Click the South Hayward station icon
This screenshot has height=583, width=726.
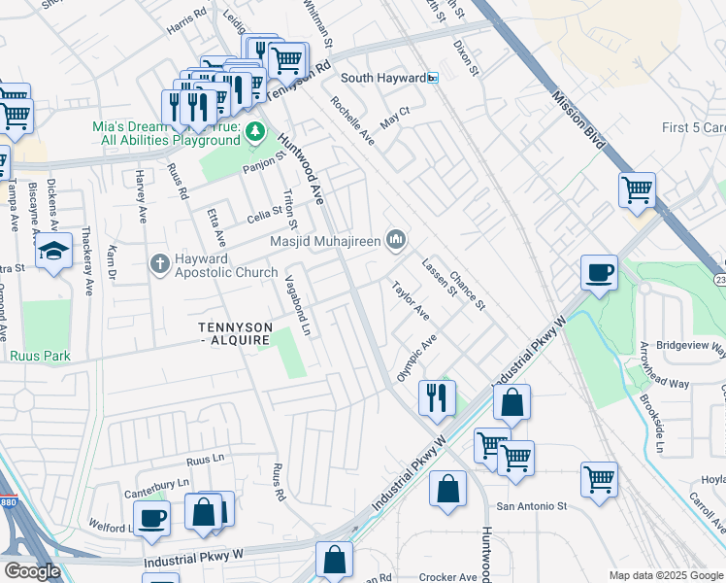[x=433, y=78]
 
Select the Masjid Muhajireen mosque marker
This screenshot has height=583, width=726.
[x=396, y=238]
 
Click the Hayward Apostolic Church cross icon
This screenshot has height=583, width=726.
[x=160, y=263]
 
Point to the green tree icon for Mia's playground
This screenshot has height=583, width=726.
[x=255, y=131]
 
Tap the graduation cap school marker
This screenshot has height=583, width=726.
[x=54, y=251]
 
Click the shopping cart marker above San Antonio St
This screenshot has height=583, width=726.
[x=599, y=478]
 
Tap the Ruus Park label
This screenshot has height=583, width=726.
[x=41, y=356]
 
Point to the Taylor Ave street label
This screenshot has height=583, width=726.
[x=410, y=301]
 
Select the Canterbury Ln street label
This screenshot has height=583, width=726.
[x=156, y=482]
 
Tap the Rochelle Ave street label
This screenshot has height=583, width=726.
[x=351, y=120]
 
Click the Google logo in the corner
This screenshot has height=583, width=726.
[x=32, y=571]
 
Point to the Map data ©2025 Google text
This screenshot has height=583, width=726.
[x=665, y=575]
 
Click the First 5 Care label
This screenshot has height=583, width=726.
[x=693, y=128]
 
